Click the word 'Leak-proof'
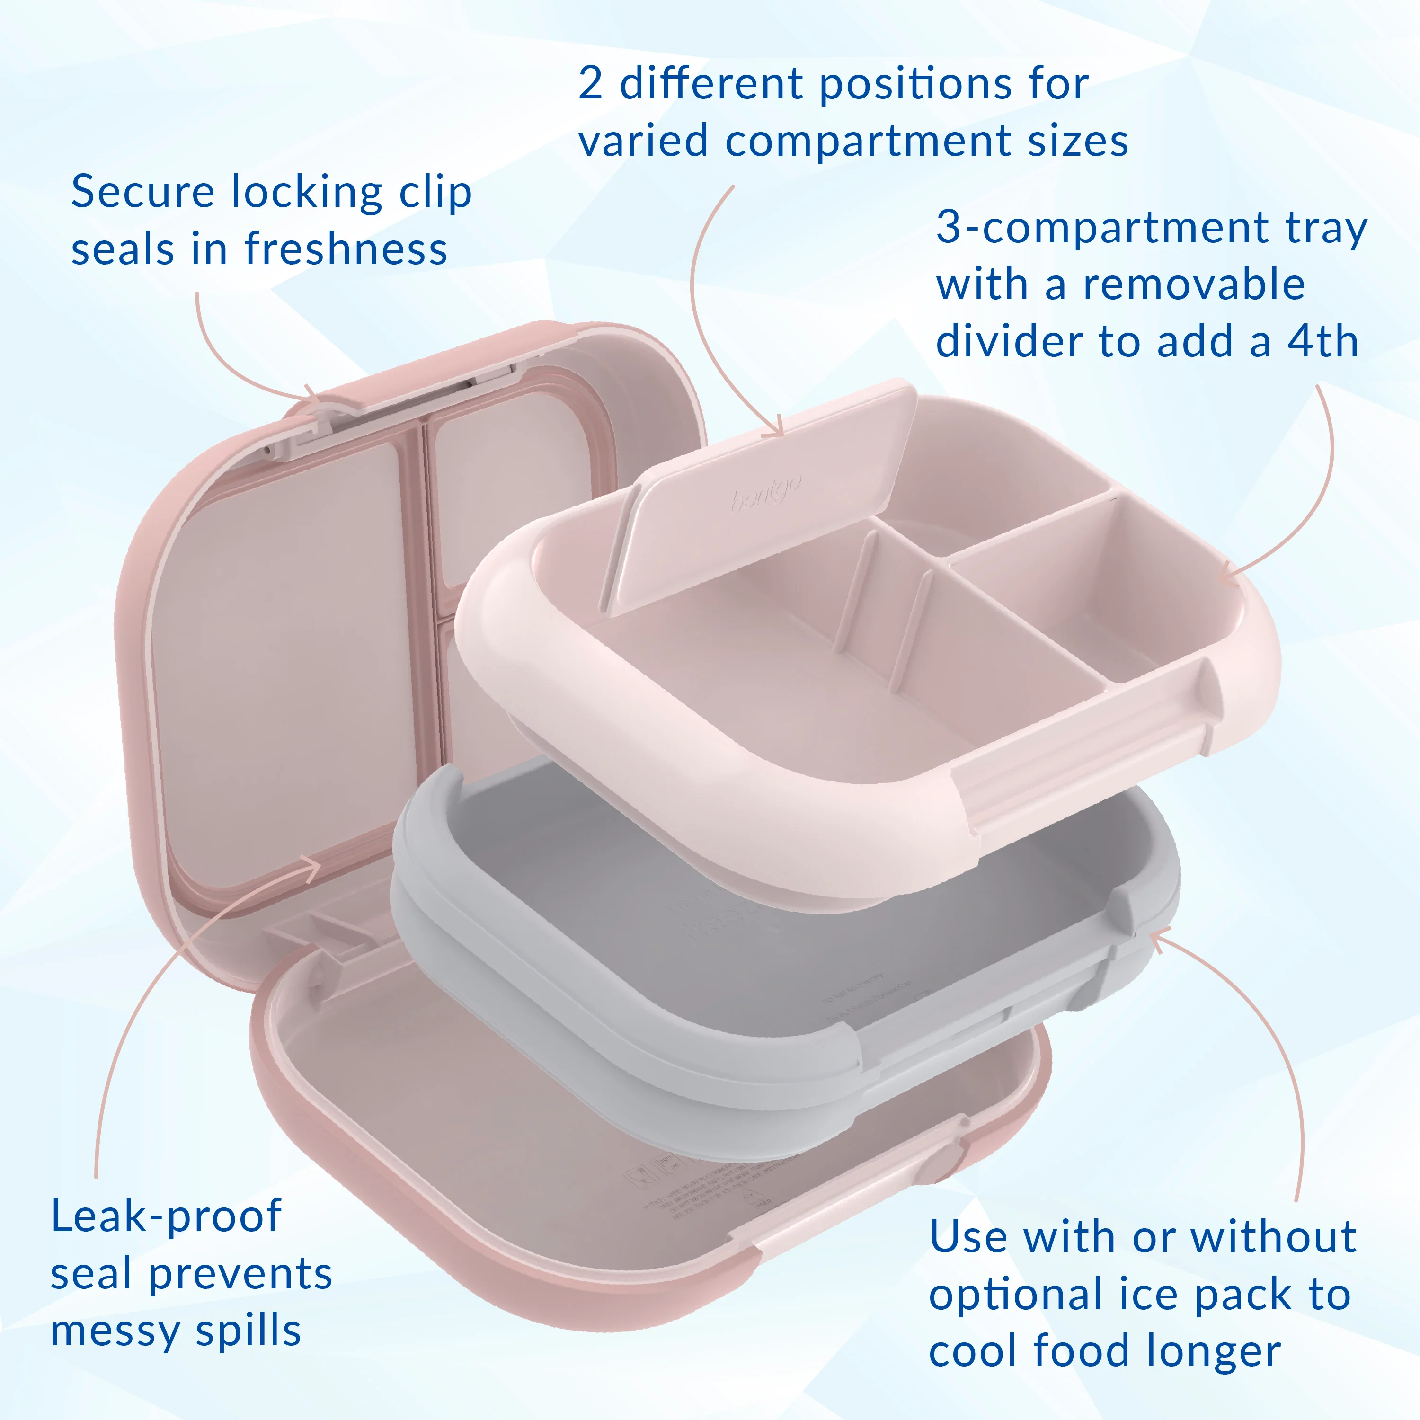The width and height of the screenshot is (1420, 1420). [x=166, y=1216]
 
